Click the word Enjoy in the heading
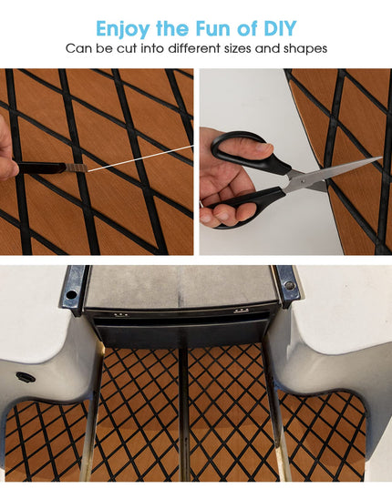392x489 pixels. [123, 29]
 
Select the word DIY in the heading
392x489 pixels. [280, 28]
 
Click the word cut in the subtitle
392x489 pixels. [127, 48]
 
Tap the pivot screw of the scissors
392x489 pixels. [302, 180]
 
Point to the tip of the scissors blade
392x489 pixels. [381, 158]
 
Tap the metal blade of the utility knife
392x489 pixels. [77, 168]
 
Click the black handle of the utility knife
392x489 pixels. [42, 168]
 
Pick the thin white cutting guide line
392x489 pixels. [140, 158]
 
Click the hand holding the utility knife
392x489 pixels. [8, 148]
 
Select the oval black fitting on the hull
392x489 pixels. [26, 377]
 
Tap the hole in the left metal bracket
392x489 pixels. [71, 294]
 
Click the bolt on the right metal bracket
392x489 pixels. [289, 285]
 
